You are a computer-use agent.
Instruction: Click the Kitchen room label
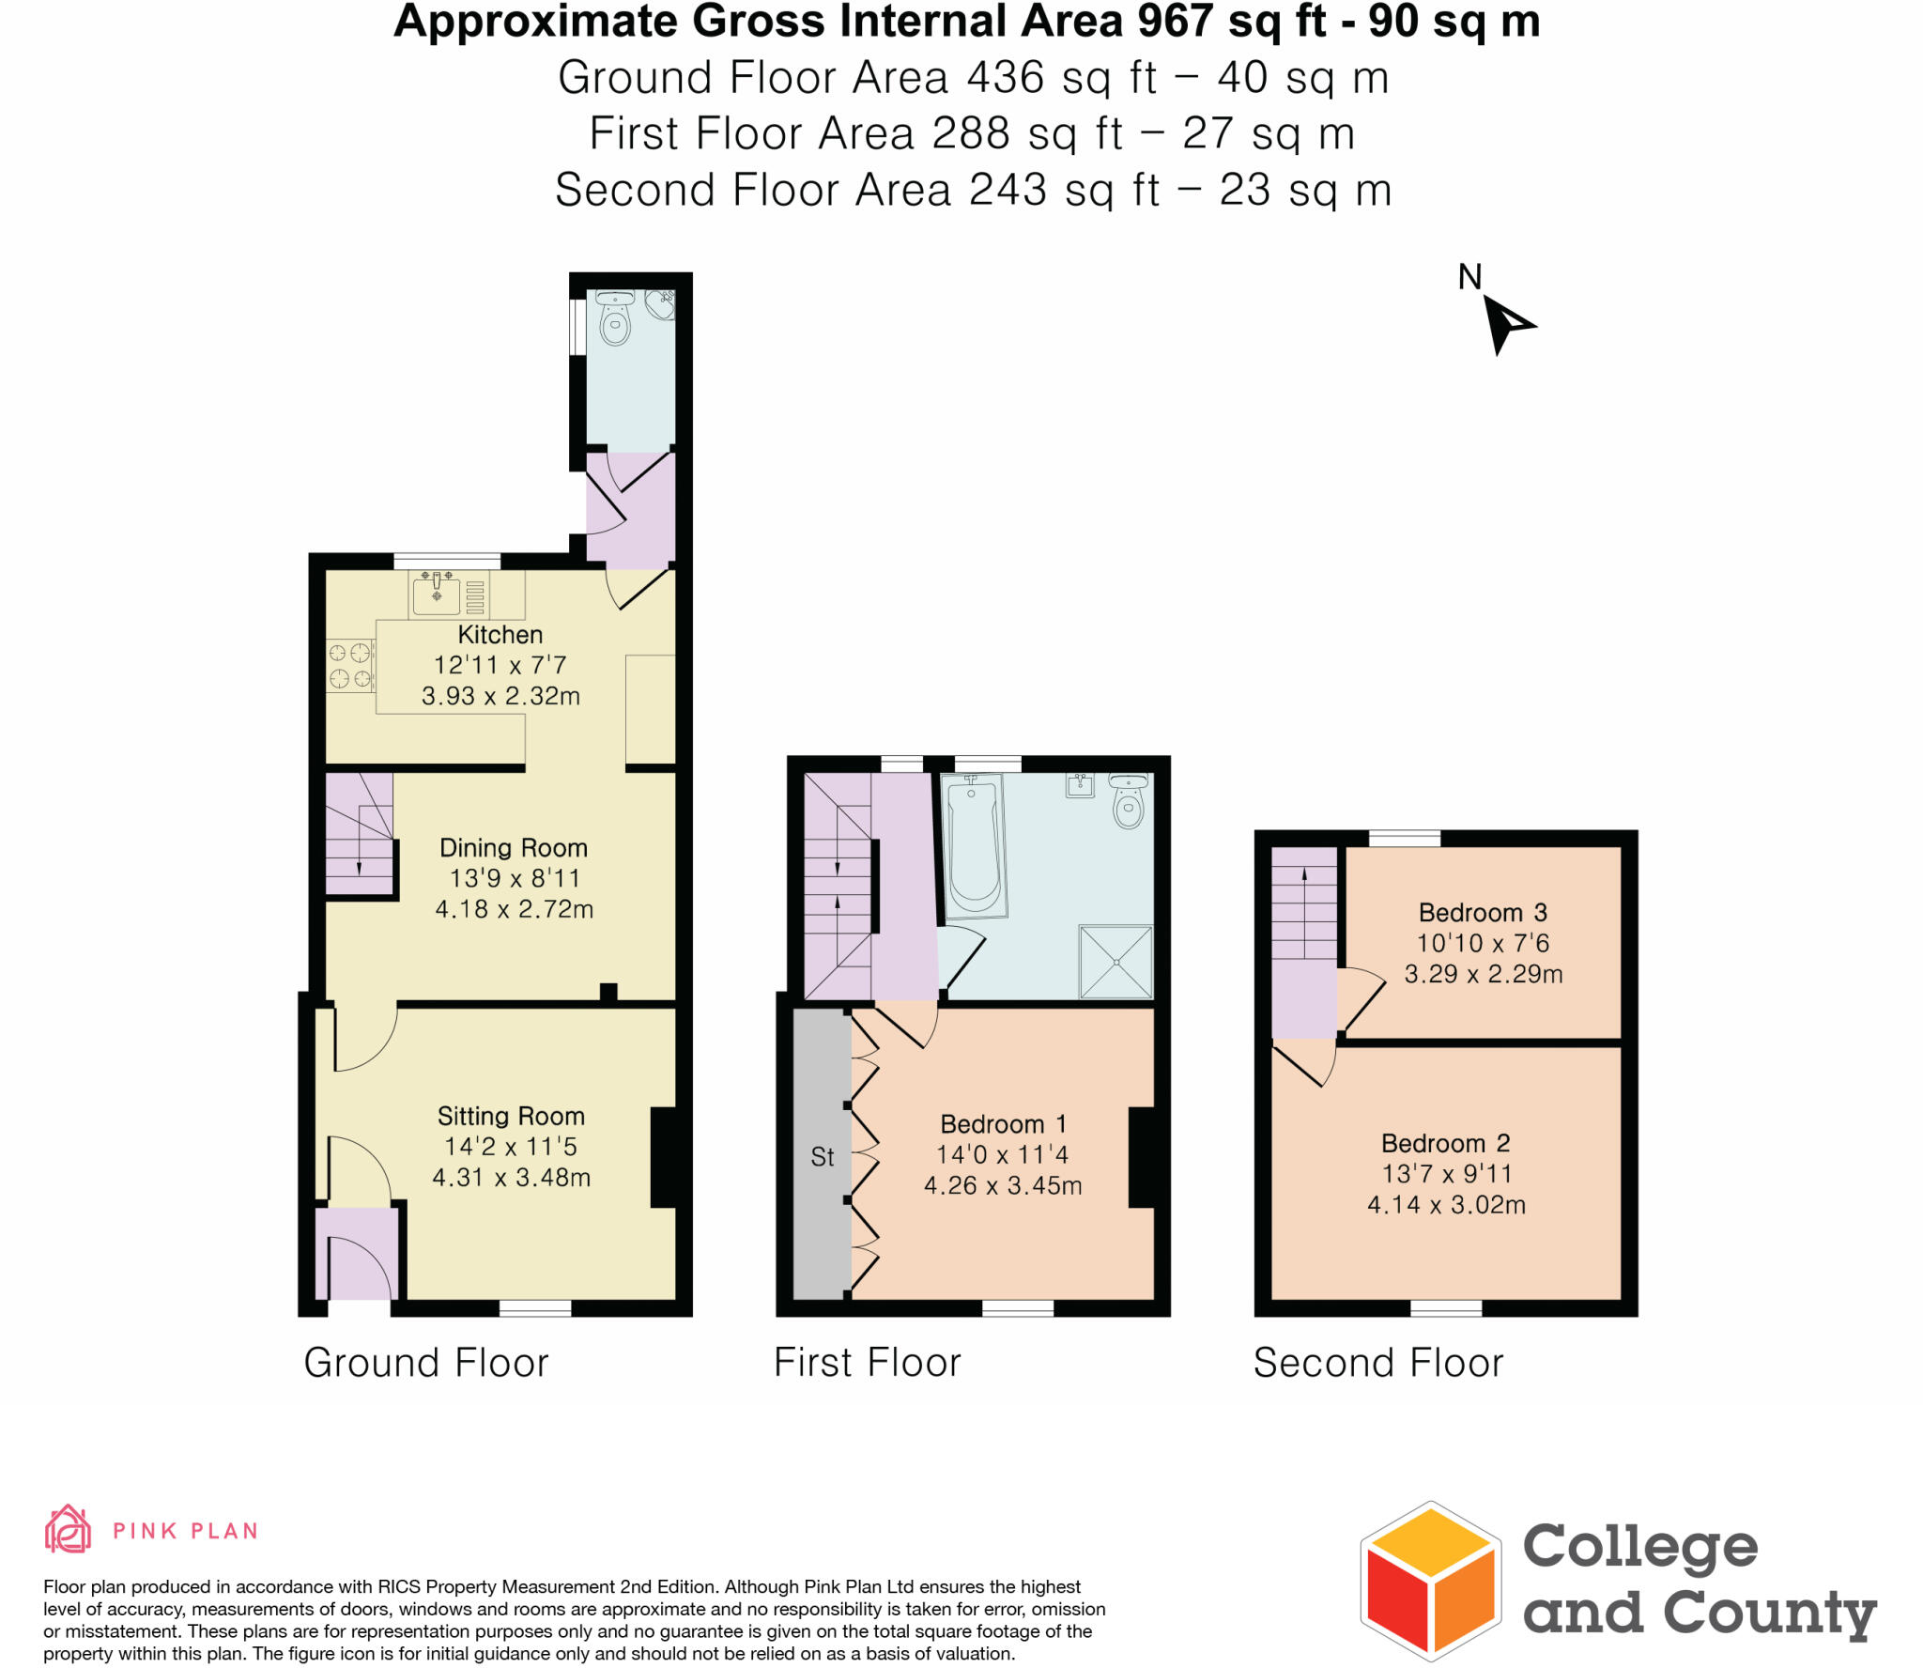pyautogui.click(x=500, y=635)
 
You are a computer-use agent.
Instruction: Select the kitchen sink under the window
pyautogui.click(x=437, y=595)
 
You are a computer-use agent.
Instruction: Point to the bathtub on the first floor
pyautogui.click(x=974, y=845)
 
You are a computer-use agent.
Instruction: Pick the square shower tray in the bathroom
pyautogui.click(x=1115, y=962)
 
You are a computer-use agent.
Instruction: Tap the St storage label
pyautogui.click(x=822, y=1157)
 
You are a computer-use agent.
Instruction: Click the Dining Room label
pyautogui.click(x=514, y=848)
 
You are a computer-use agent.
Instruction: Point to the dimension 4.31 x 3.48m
pyautogui.click(x=511, y=1178)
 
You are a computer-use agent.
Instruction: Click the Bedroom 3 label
pyautogui.click(x=1482, y=912)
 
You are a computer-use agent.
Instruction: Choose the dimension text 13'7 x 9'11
pyautogui.click(x=1446, y=1174)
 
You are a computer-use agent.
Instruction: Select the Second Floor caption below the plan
pyautogui.click(x=1377, y=1363)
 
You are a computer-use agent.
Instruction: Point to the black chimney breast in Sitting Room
pyautogui.click(x=664, y=1157)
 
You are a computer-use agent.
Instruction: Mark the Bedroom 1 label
pyautogui.click(x=1003, y=1124)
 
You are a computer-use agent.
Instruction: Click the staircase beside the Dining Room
pyautogui.click(x=359, y=835)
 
